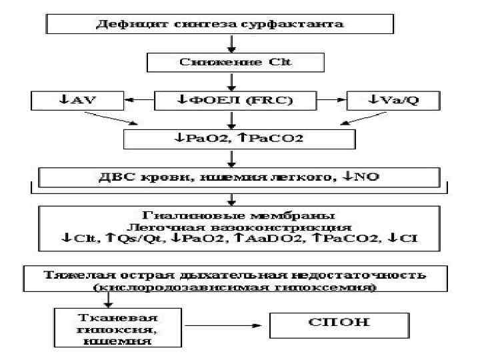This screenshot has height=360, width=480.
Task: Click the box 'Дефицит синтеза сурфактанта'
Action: click(230, 25)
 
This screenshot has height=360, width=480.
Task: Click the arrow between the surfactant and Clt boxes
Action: click(231, 44)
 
